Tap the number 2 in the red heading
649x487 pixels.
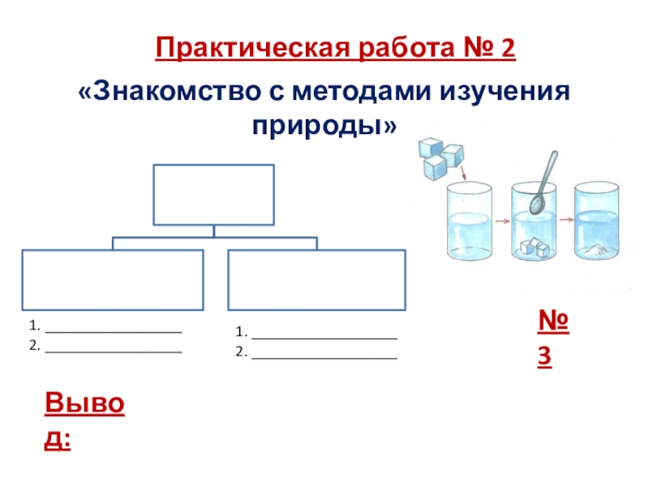tap(509, 50)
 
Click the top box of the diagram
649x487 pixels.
tap(213, 194)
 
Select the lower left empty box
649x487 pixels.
tap(113, 280)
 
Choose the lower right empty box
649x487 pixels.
tap(317, 280)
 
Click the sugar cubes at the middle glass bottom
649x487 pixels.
tap(533, 246)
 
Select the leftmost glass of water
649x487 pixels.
tap(468, 222)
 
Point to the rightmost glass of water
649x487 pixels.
tap(597, 222)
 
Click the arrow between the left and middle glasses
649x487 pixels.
tap(501, 220)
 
